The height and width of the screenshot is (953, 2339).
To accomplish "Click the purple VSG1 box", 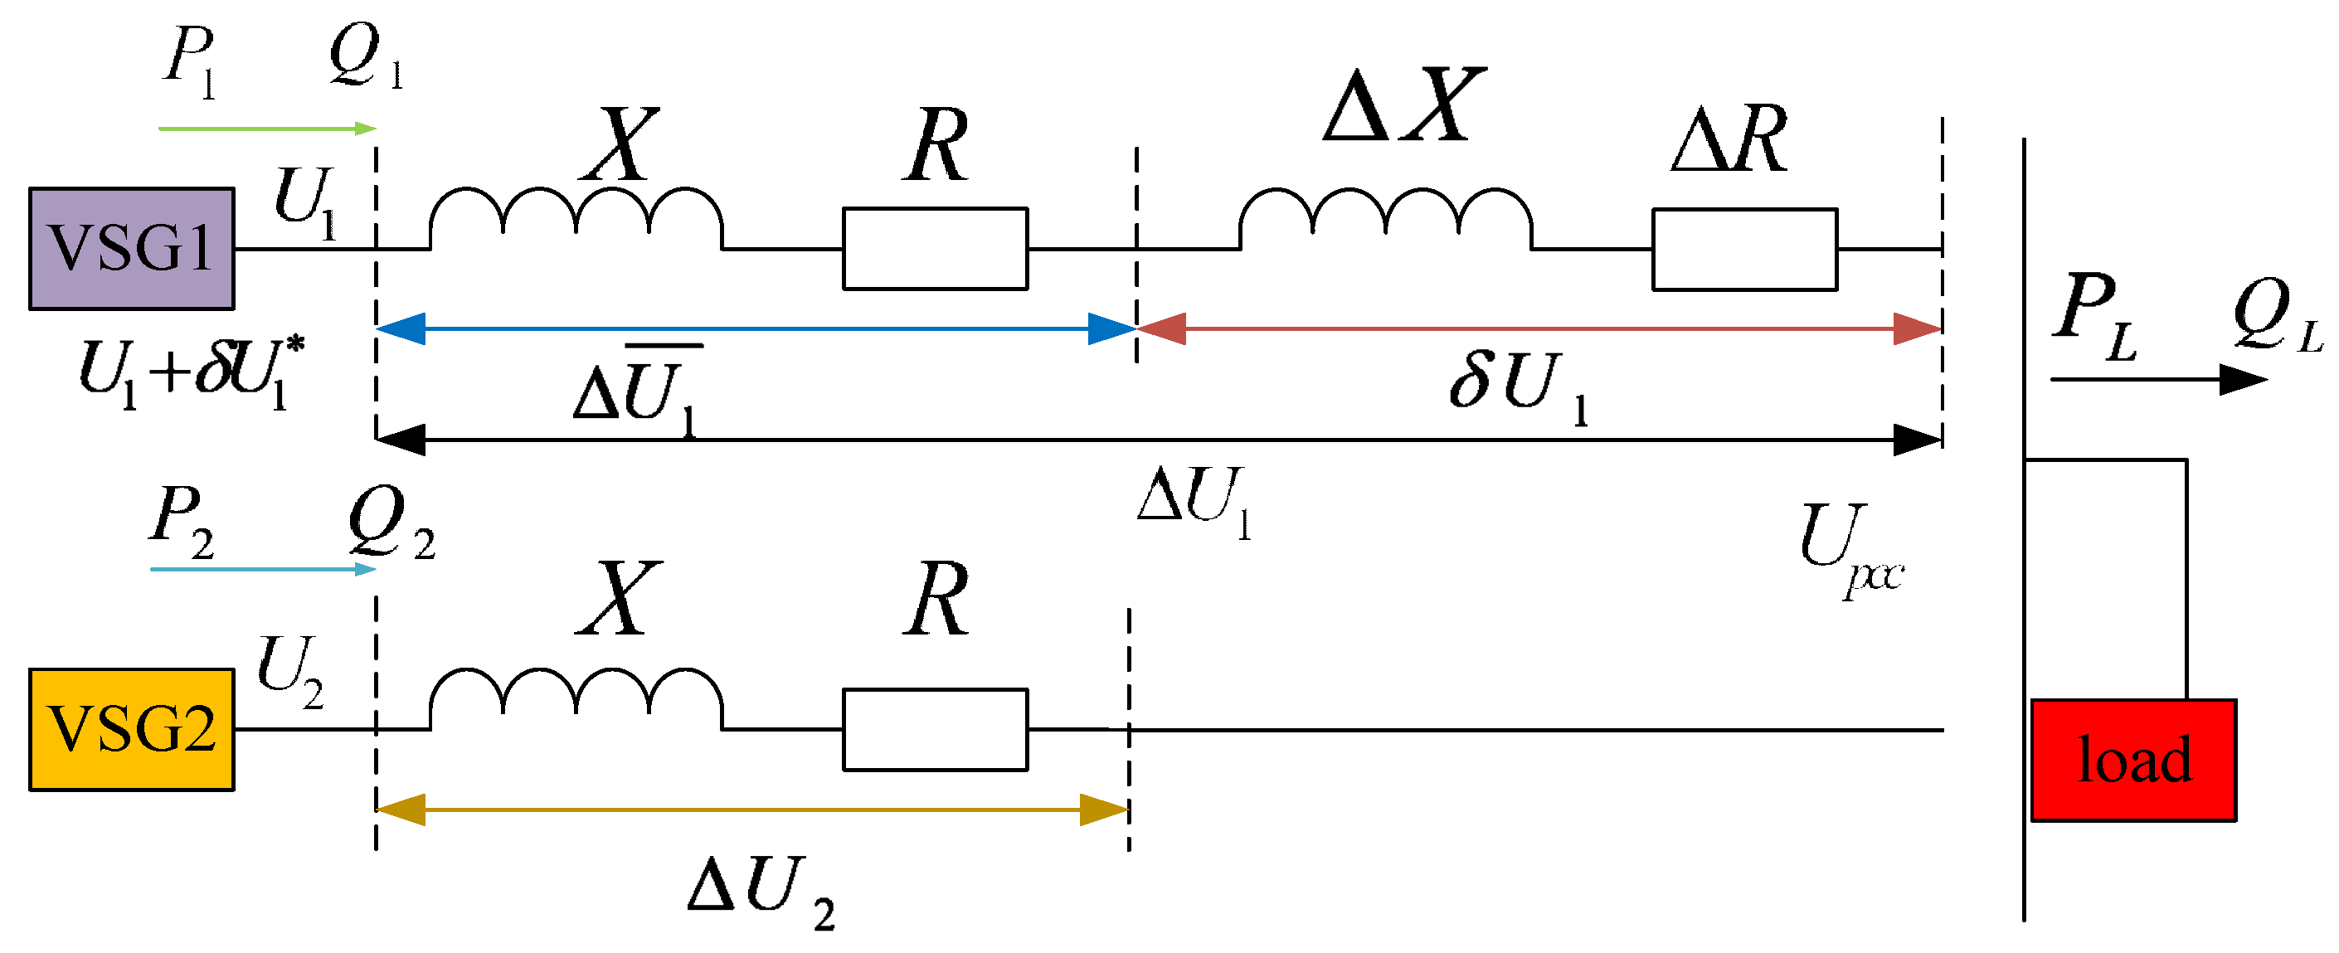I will point(132,249).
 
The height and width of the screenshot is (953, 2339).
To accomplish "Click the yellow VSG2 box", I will point(132,730).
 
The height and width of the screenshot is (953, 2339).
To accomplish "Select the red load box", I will point(2132,761).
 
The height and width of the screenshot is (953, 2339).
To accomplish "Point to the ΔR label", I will point(1729,140).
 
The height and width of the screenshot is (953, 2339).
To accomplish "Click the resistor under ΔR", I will point(1744,250).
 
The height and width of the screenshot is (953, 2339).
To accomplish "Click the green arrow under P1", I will point(267,129).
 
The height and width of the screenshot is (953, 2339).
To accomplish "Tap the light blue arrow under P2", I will point(263,570).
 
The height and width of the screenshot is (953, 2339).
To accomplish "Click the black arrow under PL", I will point(2158,379).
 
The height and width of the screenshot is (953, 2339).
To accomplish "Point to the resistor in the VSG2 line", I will point(936,730).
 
